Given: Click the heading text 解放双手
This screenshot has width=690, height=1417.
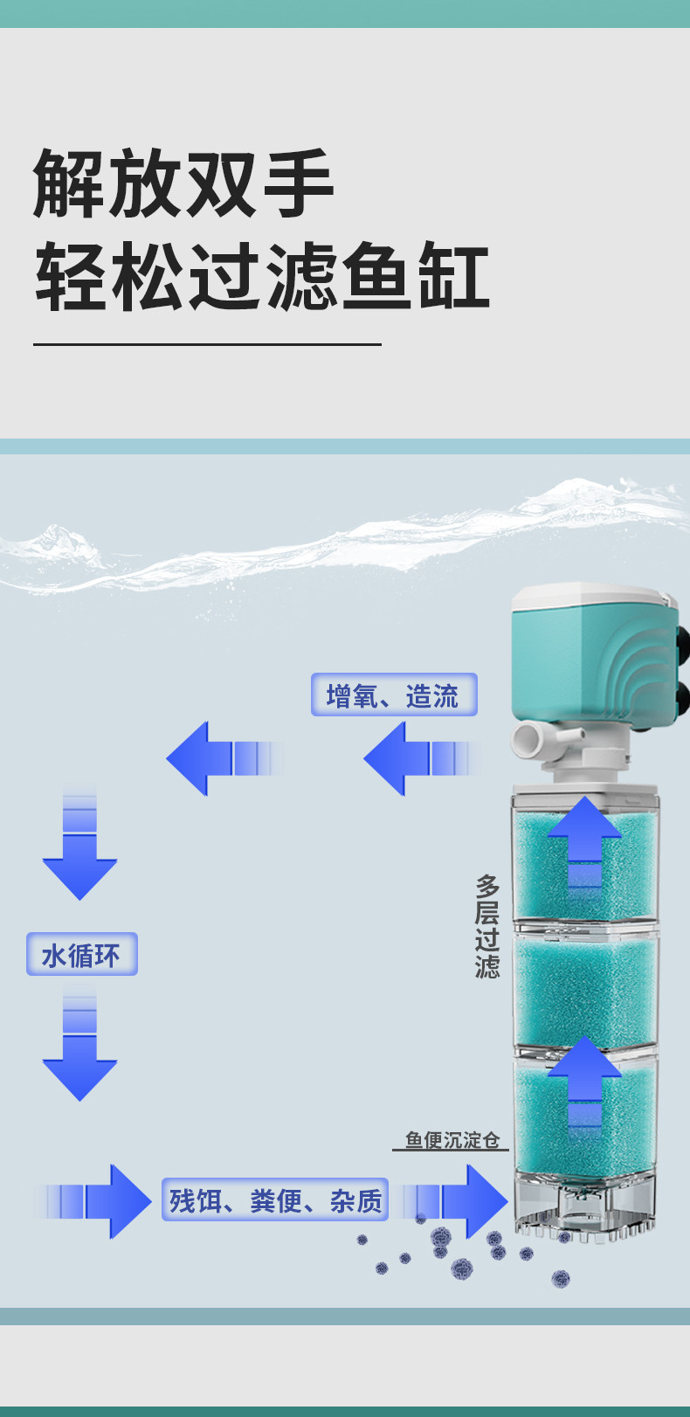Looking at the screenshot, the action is point(183,183).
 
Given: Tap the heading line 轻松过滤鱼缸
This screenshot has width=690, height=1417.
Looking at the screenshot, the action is point(262,278).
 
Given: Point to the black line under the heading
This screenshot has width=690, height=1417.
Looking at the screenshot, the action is point(207,344).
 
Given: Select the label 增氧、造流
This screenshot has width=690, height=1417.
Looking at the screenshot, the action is point(394,695).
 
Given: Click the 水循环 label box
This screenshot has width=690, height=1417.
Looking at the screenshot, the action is point(81,954).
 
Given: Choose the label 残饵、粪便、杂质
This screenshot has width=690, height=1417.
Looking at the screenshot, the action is point(275,1200).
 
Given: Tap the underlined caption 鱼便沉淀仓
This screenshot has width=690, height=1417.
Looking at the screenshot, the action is point(452,1140).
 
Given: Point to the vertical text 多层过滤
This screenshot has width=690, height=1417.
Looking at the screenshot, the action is point(487,926).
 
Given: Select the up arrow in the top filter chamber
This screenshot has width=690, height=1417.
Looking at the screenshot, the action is point(584,843).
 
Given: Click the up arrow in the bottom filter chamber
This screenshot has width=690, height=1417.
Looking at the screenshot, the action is point(584,1083).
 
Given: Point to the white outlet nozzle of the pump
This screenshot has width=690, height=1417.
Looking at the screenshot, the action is point(533,741).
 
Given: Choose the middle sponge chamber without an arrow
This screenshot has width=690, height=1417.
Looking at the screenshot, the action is point(585,987).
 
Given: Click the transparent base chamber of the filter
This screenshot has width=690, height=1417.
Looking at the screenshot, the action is point(585,1201).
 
